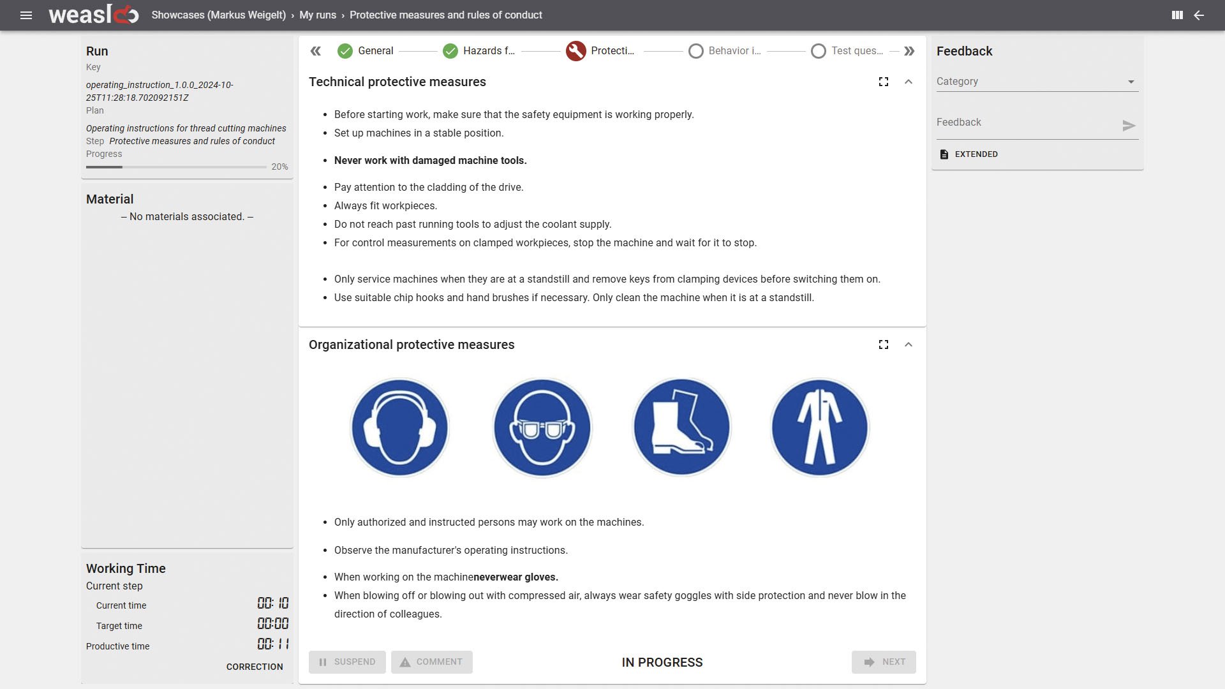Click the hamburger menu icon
[26, 15]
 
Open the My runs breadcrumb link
[318, 15]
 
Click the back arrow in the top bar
[1199, 15]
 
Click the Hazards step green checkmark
[450, 51]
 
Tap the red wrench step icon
[575, 51]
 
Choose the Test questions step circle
[819, 51]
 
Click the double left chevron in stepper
[316, 51]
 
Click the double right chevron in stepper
[909, 51]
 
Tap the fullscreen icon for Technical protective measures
[884, 82]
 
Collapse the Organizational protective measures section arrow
[909, 344]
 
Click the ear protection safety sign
[400, 427]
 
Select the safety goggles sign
[542, 427]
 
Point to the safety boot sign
[681, 427]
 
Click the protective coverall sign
[820, 427]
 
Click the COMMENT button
[432, 662]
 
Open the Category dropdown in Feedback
[1037, 82]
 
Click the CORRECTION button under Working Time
[255, 667]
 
